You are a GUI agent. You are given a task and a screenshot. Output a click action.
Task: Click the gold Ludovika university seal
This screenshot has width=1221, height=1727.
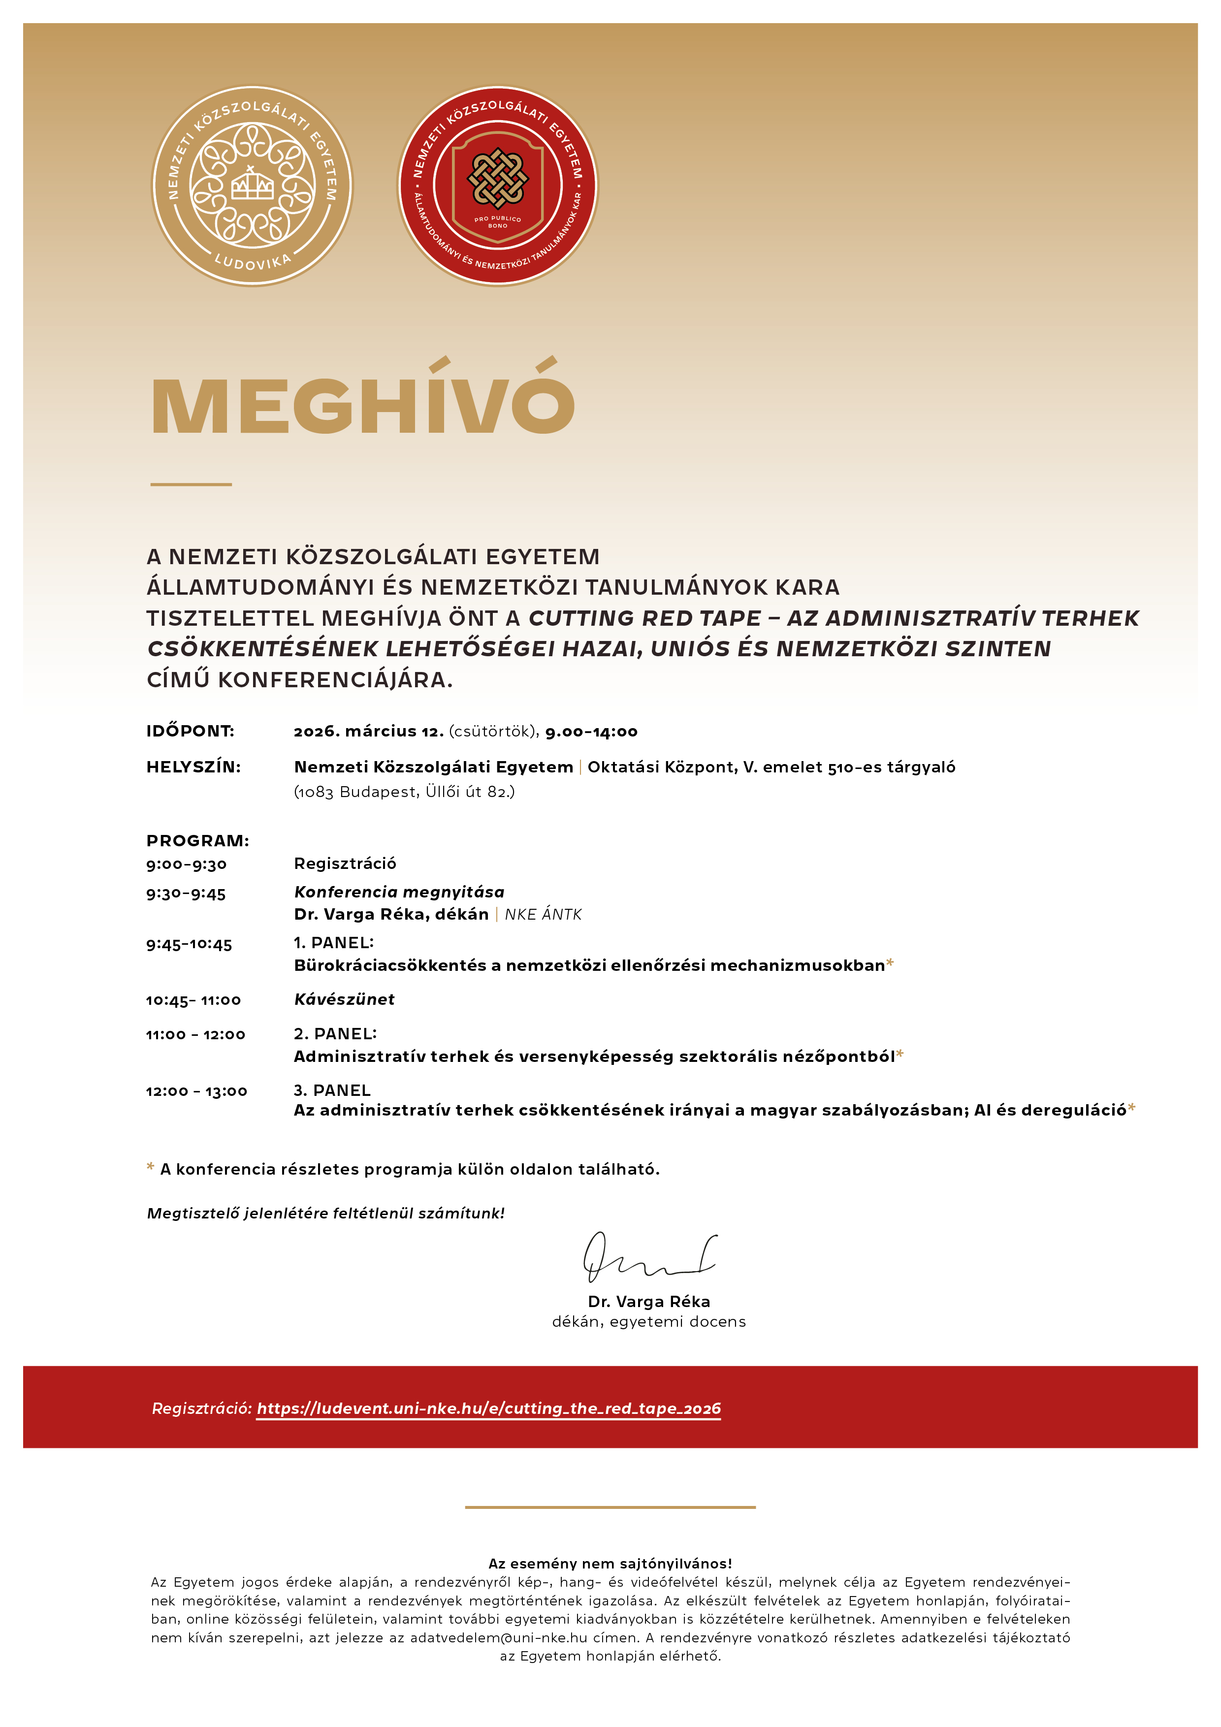point(252,185)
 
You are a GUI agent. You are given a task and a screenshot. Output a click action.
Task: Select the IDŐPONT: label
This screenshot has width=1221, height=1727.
point(191,731)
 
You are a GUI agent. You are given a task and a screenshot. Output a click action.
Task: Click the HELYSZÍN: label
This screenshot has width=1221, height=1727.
point(193,767)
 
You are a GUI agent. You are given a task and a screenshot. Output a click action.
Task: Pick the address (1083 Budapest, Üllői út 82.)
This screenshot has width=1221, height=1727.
point(404,792)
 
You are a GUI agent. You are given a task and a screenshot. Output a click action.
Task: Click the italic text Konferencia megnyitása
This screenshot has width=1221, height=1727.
point(399,892)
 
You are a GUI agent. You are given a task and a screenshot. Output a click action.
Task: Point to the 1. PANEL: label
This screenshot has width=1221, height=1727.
point(333,942)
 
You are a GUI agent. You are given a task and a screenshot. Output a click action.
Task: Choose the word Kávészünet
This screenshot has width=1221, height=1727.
point(345,999)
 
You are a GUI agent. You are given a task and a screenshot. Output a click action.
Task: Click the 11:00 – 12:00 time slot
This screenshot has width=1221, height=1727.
point(195,1035)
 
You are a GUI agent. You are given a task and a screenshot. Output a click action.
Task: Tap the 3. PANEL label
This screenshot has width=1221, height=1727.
point(332,1090)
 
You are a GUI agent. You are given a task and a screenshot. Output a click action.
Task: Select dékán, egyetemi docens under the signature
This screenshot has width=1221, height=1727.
point(648,1321)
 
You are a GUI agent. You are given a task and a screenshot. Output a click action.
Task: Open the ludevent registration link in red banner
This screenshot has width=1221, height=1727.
point(489,1408)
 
